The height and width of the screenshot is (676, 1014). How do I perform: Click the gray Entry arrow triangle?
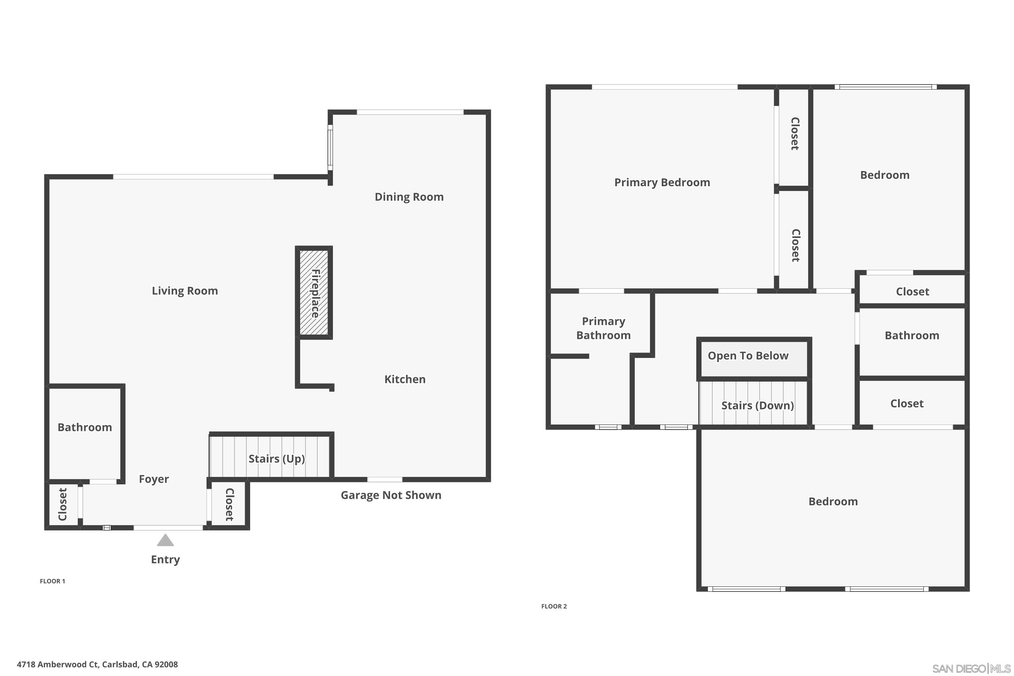point(165,540)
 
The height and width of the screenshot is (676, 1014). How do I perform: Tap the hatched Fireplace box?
point(314,293)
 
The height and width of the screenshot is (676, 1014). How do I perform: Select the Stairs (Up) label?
point(276,459)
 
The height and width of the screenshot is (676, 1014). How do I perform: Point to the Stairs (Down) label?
point(757,406)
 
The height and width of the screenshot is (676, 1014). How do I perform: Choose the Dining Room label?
point(409,197)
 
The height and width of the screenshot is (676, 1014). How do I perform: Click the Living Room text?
point(185,291)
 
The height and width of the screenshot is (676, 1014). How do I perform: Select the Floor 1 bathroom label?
point(84,427)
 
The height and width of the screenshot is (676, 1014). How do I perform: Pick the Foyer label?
point(153,479)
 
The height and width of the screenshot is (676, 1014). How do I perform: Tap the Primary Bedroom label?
point(662,183)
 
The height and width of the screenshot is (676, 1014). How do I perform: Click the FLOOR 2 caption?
point(554,606)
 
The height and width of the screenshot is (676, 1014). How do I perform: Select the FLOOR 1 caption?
point(52,581)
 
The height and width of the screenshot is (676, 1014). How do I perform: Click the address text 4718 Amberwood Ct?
point(97,665)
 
